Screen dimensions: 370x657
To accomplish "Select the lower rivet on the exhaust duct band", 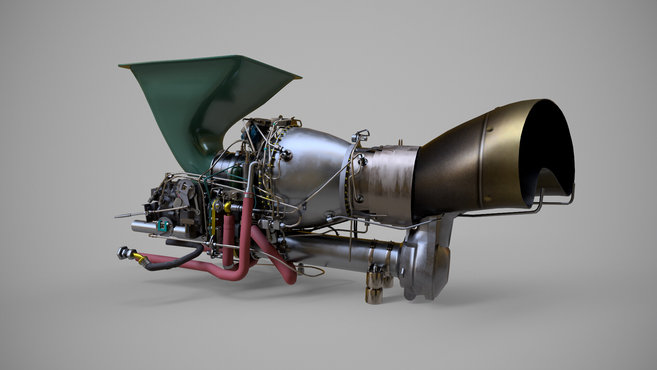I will pos(487,198).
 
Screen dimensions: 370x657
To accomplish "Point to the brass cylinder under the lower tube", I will pos(374,295).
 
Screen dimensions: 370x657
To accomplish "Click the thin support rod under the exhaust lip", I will pos(554,202).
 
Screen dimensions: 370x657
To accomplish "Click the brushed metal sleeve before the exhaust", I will pos(390,178).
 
